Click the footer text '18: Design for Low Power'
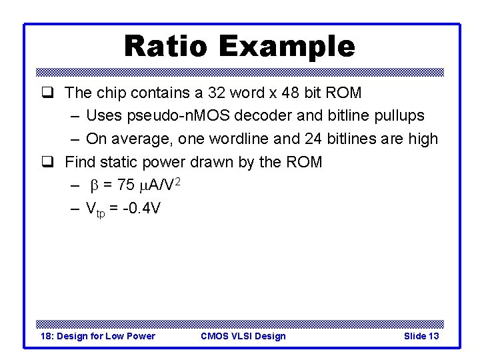[x=97, y=336]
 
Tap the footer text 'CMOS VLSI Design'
[x=243, y=336]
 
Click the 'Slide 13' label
[x=421, y=336]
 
